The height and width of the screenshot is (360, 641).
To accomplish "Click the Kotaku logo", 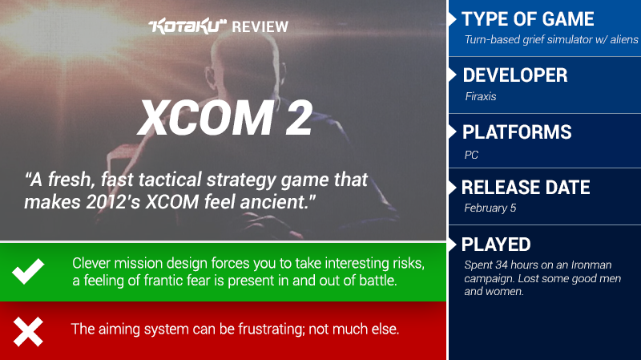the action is [187, 26].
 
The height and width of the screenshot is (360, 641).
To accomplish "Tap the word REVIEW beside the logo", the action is [260, 27].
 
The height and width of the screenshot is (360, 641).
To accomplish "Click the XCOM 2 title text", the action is [225, 118].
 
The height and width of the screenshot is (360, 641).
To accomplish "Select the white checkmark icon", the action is [28, 271].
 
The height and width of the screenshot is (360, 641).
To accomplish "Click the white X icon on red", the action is [28, 331].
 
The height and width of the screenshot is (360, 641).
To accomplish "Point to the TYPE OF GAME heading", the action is [528, 18].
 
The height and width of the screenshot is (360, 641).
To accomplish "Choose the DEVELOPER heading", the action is [515, 75].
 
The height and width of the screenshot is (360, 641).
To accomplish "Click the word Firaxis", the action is [480, 96].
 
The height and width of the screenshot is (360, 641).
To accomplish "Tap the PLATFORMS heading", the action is [517, 132].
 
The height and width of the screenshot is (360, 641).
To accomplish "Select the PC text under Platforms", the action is [471, 155].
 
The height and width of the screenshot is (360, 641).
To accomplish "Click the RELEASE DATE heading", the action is [526, 188].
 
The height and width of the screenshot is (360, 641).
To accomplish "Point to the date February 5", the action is [490, 208].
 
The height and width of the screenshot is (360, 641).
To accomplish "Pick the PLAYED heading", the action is [496, 245].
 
